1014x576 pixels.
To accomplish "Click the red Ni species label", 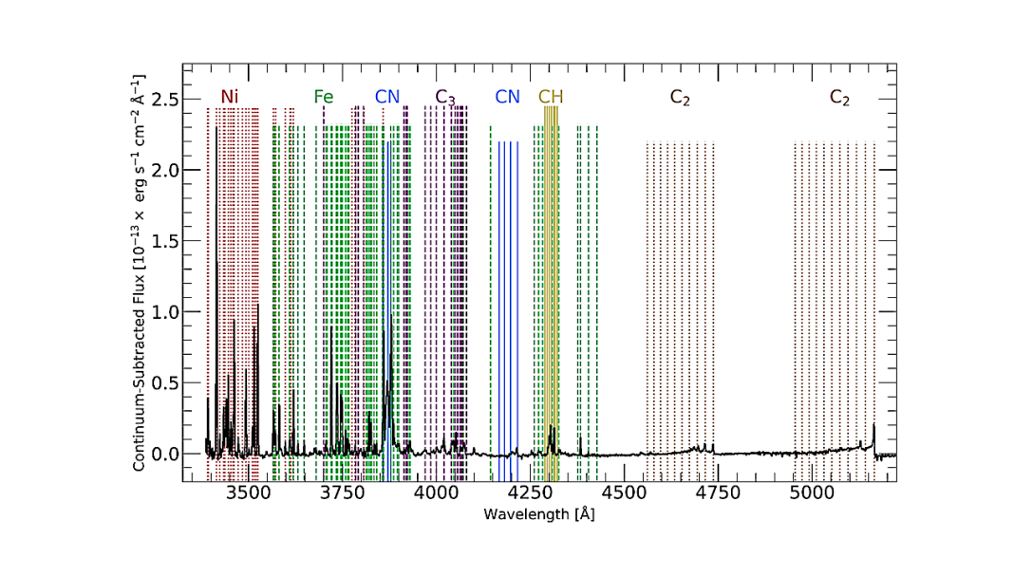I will [x=229, y=97].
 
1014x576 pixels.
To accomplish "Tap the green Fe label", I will [x=324, y=97].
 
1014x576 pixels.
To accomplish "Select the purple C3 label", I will [x=445, y=97].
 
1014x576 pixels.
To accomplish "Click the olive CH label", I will [x=551, y=97].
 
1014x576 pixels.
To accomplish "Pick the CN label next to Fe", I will [x=387, y=97].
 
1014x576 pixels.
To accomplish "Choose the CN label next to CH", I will [x=508, y=97].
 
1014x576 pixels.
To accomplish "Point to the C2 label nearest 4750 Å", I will [x=680, y=97].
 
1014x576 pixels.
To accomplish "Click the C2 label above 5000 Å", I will [x=839, y=97].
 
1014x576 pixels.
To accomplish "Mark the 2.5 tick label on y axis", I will [x=165, y=100].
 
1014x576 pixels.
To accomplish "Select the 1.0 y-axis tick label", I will [x=165, y=312].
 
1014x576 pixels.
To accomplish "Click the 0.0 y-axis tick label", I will [x=165, y=455].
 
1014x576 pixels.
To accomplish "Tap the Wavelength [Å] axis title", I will [x=538, y=514].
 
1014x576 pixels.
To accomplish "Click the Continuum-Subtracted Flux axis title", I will [x=139, y=272].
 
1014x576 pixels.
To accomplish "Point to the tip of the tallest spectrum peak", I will [x=216, y=127].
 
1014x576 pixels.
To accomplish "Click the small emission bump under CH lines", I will [x=552, y=428].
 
